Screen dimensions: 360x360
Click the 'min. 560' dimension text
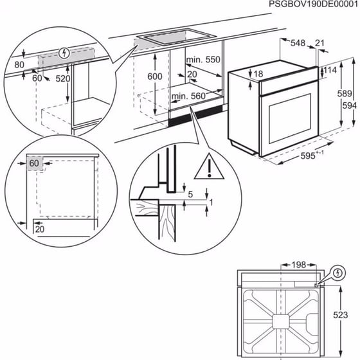coord(188,97)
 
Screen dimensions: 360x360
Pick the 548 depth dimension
coord(297,43)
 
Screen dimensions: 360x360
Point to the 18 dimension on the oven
coord(258,75)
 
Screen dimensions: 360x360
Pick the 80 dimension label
coord(19,64)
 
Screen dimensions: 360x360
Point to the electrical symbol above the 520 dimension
coord(62,51)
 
